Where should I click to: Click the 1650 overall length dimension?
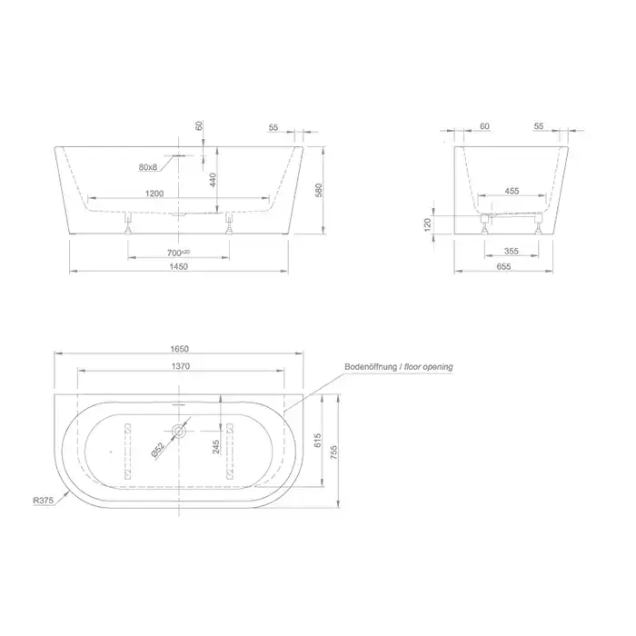click(179, 349)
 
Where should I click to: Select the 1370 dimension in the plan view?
click(181, 366)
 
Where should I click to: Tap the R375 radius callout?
click(43, 500)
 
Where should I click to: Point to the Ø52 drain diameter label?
click(158, 450)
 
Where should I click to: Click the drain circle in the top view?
click(179, 432)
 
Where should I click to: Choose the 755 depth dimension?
click(333, 452)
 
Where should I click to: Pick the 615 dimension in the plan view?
click(318, 441)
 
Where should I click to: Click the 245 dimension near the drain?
click(216, 447)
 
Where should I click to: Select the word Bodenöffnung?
click(371, 367)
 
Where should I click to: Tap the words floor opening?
click(429, 367)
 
